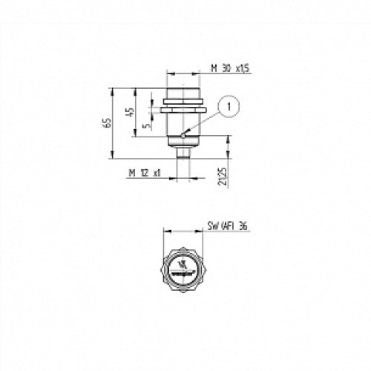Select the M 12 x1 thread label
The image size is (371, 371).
[144, 172]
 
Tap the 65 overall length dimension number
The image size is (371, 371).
[107, 122]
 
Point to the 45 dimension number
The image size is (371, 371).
[131, 112]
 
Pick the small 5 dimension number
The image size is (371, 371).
[146, 125]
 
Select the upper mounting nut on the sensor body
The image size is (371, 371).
[182, 99]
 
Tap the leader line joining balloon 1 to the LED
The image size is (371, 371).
[206, 121]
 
